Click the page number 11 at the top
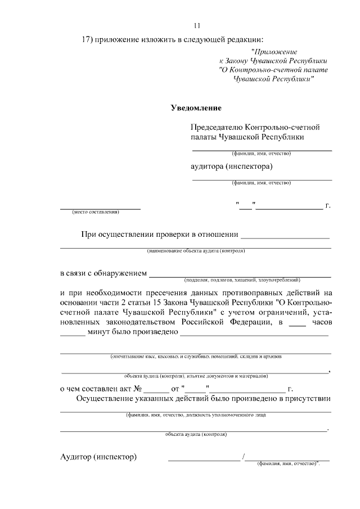[196, 25]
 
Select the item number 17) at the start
[87, 40]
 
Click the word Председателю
[216, 128]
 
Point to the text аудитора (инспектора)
[232, 166]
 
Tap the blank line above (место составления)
[100, 208]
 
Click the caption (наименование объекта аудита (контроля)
[196, 250]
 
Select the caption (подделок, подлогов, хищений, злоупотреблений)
[242, 280]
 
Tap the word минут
[100, 332]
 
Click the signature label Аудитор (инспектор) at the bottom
[98, 456]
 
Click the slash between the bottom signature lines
[243, 458]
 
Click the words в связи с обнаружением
[103, 273]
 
